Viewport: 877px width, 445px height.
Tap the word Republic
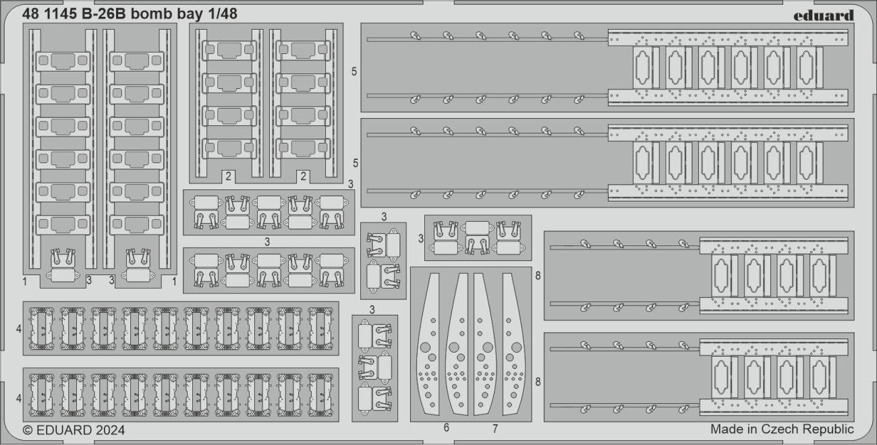(x=829, y=429)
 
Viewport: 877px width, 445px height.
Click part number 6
(x=447, y=427)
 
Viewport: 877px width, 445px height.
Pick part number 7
(x=494, y=427)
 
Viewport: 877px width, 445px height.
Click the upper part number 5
(x=355, y=70)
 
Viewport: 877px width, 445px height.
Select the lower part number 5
(x=355, y=163)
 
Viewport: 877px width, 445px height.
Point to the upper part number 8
(x=538, y=275)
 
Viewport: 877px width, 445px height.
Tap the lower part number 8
(x=538, y=382)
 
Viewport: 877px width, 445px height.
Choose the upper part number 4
(x=18, y=329)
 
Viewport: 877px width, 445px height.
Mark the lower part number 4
(x=18, y=398)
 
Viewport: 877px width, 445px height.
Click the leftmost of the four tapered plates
(x=427, y=344)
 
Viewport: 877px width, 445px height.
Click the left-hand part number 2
(x=229, y=177)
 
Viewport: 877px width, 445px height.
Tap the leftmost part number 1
(x=24, y=280)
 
